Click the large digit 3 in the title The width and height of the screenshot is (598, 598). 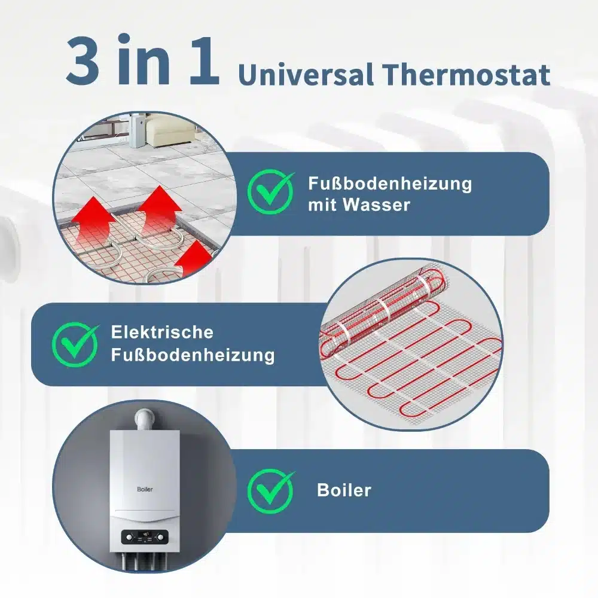pyautogui.click(x=83, y=60)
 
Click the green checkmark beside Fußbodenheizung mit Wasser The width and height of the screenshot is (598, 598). pyautogui.click(x=271, y=192)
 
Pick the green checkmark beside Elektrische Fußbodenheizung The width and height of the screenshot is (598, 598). pyautogui.click(x=75, y=344)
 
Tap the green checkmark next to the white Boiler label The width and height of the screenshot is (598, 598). pyautogui.click(x=271, y=491)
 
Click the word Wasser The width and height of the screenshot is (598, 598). pyautogui.click(x=376, y=205)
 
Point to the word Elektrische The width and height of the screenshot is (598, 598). pyautogui.click(x=162, y=332)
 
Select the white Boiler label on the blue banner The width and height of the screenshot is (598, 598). pyautogui.click(x=344, y=490)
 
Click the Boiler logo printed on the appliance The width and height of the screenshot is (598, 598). pyautogui.click(x=145, y=489)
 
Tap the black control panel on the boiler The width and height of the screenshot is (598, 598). pyautogui.click(x=145, y=538)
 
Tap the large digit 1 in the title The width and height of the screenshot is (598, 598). pyautogui.click(x=204, y=60)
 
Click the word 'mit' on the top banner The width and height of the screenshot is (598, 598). pyautogui.click(x=322, y=205)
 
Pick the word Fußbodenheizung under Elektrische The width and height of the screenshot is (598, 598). pyautogui.click(x=193, y=355)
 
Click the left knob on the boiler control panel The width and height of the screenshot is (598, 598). pyautogui.click(x=129, y=538)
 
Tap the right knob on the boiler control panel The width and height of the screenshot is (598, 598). pyautogui.click(x=160, y=538)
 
